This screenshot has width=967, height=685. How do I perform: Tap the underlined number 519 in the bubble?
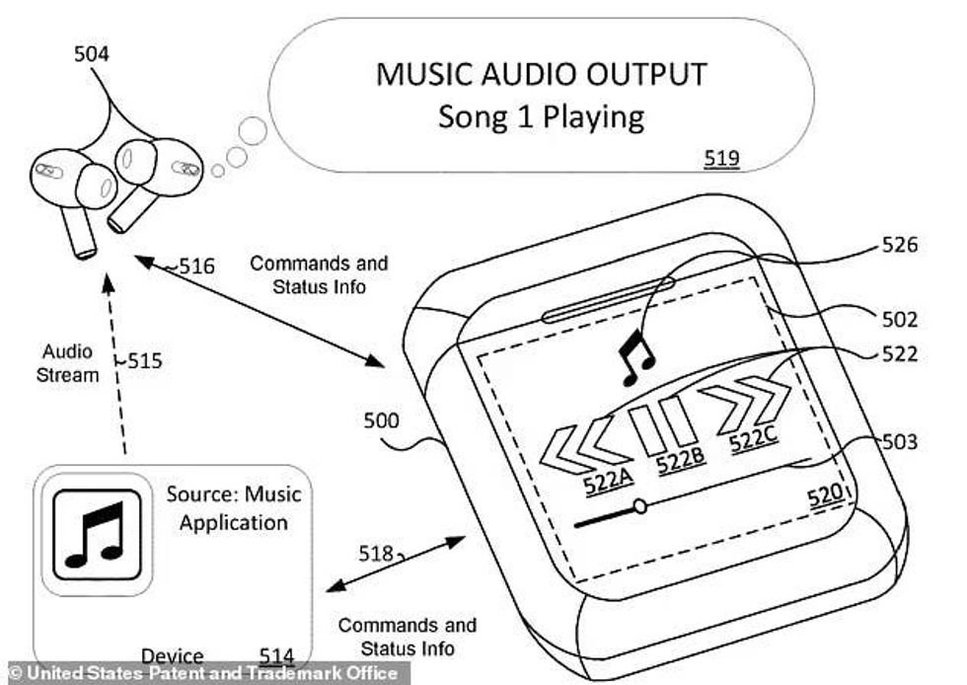[x=720, y=157]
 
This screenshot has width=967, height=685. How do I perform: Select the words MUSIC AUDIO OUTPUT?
[x=541, y=74]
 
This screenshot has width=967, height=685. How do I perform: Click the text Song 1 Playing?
[x=541, y=117]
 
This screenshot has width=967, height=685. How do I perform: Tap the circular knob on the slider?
[x=639, y=506]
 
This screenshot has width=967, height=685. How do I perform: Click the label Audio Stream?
[x=70, y=362]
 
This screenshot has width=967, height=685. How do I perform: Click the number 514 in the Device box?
[x=276, y=655]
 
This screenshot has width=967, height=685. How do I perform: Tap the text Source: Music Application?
[x=233, y=507]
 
